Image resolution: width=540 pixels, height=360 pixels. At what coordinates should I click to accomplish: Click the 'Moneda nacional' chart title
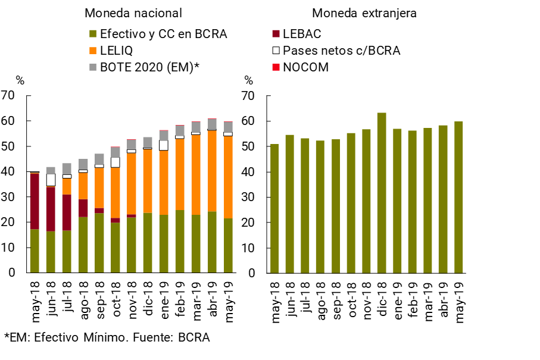tap(133, 13)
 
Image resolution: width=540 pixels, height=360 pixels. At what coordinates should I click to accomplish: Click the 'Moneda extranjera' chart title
tap(364, 13)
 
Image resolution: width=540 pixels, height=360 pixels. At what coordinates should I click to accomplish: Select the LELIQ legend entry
tap(114, 51)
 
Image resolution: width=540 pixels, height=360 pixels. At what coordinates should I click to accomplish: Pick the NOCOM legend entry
tap(305, 67)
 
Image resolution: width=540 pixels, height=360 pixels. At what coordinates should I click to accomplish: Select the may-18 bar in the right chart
tap(274, 208)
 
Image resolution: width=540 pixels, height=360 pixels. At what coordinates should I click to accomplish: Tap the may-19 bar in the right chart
tap(458, 197)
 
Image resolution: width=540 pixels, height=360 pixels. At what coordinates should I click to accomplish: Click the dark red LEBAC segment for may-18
tap(35, 201)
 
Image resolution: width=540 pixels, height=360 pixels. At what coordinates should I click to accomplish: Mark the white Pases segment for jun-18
tap(51, 180)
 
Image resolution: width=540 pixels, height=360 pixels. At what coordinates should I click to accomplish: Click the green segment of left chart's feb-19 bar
tap(180, 241)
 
